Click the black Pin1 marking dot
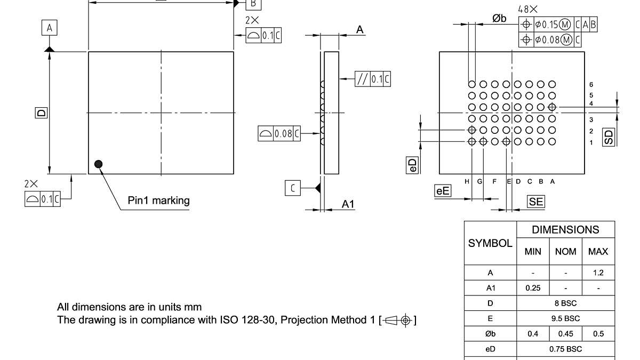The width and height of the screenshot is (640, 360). (x=98, y=164)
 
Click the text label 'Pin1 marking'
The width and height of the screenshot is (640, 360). (x=158, y=201)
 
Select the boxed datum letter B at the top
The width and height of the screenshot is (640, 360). (x=253, y=4)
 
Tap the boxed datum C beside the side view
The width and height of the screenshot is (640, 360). (x=293, y=188)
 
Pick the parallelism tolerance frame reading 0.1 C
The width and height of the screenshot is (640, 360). (x=373, y=79)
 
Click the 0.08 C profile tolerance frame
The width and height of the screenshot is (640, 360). (x=279, y=134)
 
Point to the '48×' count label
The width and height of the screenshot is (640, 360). (x=527, y=10)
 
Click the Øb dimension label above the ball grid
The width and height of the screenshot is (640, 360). (x=499, y=19)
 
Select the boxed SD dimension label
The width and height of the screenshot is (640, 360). (x=609, y=137)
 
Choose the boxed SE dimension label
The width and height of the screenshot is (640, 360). (x=535, y=201)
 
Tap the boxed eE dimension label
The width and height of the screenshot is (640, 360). (x=443, y=190)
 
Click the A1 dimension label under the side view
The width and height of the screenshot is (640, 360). (x=348, y=204)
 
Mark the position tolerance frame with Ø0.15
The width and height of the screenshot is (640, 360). (x=558, y=25)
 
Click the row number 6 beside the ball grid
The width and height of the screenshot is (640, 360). (x=591, y=84)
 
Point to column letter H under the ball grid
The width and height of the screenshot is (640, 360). (x=467, y=181)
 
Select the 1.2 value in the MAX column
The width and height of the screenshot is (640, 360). (x=598, y=273)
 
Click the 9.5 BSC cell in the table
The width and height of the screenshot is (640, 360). (x=565, y=318)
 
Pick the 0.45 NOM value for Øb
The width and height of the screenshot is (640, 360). (x=565, y=334)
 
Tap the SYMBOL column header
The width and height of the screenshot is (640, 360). (x=490, y=243)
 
